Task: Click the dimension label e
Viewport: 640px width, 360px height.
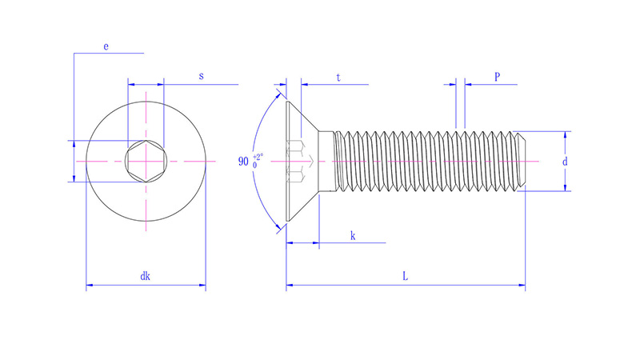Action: click(x=106, y=47)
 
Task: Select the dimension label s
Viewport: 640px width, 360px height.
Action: click(x=201, y=76)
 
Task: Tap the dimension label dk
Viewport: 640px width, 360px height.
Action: click(x=146, y=276)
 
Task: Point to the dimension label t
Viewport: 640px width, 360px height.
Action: click(x=338, y=78)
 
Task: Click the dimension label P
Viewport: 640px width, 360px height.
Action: click(x=497, y=77)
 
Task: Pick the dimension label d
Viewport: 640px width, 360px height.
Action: click(x=565, y=161)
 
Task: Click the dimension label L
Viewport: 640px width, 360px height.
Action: click(x=406, y=276)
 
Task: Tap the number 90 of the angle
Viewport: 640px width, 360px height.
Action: click(x=244, y=162)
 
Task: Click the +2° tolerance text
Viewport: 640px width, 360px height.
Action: click(x=258, y=157)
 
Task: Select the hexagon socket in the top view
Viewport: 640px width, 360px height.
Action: click(x=146, y=161)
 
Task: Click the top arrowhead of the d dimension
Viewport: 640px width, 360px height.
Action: click(x=566, y=135)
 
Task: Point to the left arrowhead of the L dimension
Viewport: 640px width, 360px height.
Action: click(x=290, y=284)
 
